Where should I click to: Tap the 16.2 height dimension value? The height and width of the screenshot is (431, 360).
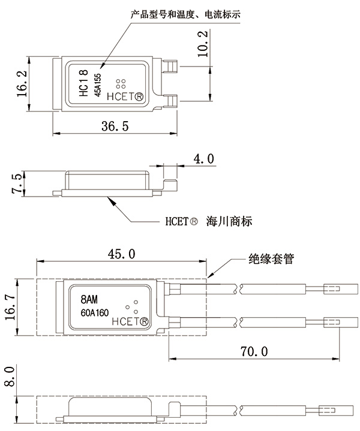[22, 83]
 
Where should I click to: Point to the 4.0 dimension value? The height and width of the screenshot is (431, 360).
[203, 159]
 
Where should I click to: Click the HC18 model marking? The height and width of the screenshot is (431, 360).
[84, 83]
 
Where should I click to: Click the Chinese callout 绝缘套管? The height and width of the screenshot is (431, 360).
[272, 260]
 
